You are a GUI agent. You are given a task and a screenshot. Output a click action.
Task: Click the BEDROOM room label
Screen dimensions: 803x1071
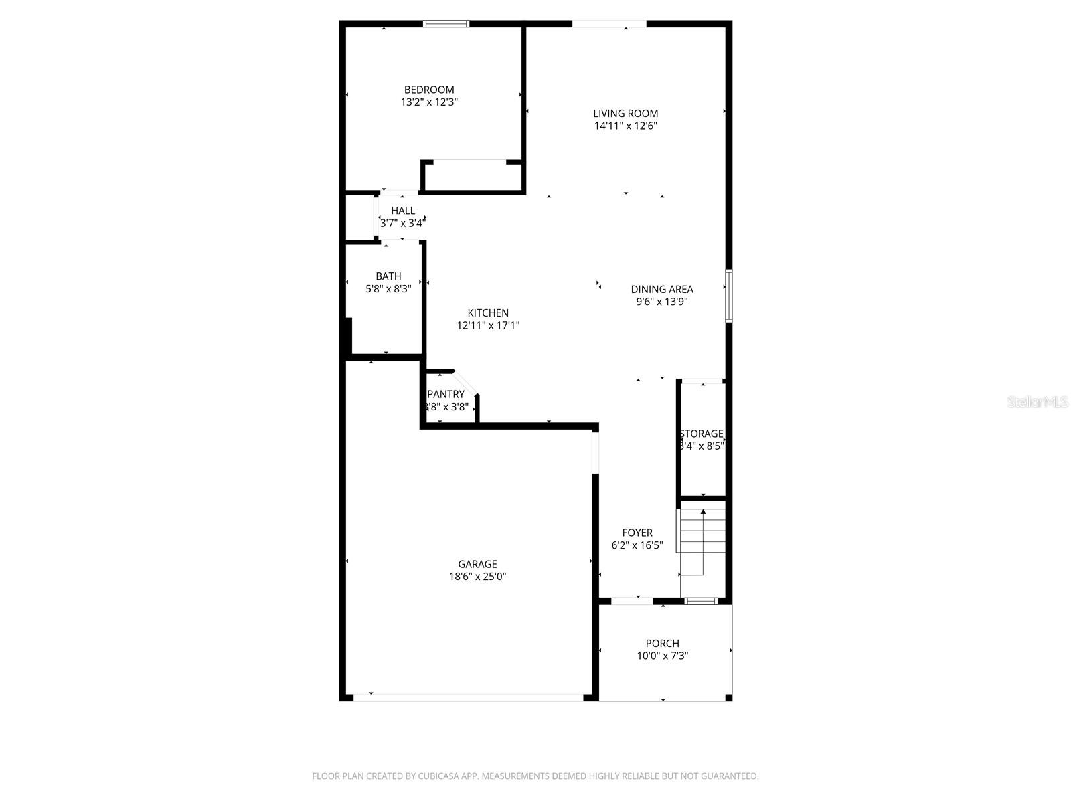click(428, 90)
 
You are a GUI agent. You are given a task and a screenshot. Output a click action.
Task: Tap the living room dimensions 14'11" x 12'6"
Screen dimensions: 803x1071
click(625, 126)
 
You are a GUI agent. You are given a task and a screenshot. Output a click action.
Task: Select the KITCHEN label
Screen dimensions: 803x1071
click(487, 313)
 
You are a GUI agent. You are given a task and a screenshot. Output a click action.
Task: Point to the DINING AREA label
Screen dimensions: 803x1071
click(661, 289)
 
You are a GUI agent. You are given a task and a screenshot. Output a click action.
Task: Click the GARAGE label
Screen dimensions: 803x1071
click(477, 564)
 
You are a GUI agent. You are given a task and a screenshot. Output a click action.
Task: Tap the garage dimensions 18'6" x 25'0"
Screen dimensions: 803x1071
click(477, 577)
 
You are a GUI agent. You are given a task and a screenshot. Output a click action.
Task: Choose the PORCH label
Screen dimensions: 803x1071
click(662, 643)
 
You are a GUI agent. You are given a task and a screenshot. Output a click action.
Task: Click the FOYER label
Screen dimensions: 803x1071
click(637, 533)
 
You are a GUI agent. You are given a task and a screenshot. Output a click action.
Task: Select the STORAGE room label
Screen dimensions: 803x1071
click(701, 434)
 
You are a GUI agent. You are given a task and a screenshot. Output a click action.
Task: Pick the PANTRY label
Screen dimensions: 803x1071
click(446, 394)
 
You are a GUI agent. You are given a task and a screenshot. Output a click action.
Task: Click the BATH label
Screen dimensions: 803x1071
click(388, 276)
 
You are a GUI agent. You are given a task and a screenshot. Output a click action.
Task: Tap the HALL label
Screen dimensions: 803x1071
click(402, 210)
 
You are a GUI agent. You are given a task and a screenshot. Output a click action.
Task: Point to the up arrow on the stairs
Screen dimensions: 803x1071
click(703, 512)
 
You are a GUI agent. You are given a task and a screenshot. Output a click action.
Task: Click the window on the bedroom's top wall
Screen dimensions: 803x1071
click(446, 24)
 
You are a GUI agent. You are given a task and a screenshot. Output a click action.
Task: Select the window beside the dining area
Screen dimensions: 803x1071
click(729, 296)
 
